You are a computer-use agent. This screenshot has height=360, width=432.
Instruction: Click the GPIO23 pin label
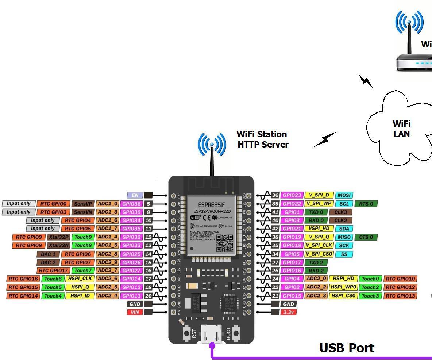coord(292,195)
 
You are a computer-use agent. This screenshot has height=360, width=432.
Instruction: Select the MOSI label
coord(344,195)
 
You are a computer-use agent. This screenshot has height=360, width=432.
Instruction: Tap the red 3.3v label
coord(288,312)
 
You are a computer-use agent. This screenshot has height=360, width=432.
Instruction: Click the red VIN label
coord(135,312)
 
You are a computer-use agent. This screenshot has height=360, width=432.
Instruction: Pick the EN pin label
coord(135,195)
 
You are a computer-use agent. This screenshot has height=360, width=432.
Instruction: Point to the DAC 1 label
coord(48,254)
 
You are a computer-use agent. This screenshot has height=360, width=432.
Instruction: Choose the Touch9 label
coord(83,237)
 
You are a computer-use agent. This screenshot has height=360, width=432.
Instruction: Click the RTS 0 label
coord(366,204)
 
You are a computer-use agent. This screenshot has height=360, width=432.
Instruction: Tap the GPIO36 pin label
coord(131,204)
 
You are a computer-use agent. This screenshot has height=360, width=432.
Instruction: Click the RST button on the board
coord(187,333)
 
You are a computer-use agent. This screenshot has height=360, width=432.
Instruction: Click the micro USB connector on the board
coord(212,334)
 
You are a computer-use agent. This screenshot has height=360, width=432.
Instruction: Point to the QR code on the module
coord(224,243)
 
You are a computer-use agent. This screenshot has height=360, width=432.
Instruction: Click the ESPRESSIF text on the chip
coord(212,205)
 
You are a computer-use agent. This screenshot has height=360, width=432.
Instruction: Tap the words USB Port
coord(347,348)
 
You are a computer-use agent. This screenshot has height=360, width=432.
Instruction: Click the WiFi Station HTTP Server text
coord(262,139)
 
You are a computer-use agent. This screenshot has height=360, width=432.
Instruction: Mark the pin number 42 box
coord(275,229)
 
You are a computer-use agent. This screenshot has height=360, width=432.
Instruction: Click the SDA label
coord(344,229)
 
